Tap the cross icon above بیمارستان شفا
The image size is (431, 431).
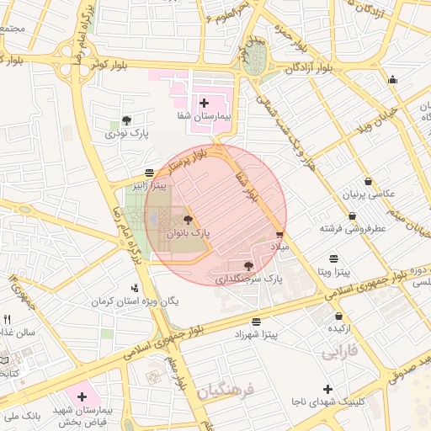pos(205,104)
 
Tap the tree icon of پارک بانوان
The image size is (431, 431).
pos(187,218)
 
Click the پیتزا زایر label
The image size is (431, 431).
pos(148,184)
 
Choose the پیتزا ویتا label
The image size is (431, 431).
pos(334,272)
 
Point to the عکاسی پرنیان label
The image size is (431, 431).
pos(369,194)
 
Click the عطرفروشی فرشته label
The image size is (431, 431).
pos(353,228)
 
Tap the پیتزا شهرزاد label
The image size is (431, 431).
pos(256,334)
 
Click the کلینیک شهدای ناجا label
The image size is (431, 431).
pos(327,402)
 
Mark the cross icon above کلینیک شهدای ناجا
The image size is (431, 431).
pos(327,388)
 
